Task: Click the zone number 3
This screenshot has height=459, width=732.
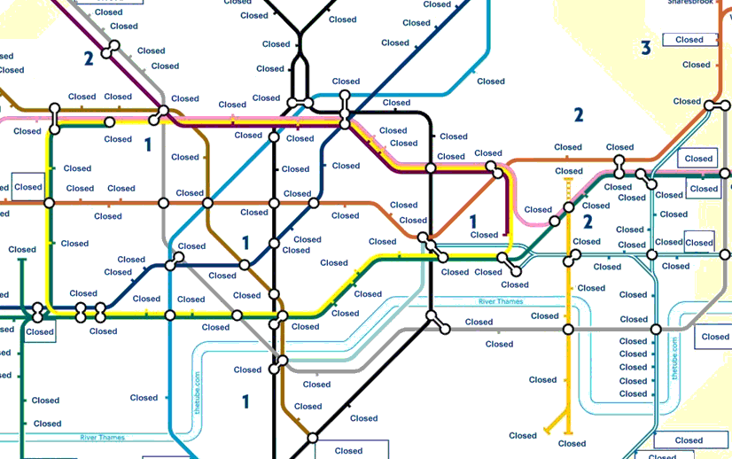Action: (x=646, y=48)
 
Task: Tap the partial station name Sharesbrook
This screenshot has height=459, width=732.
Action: (x=691, y=3)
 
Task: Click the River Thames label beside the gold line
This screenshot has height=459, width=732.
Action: (x=501, y=302)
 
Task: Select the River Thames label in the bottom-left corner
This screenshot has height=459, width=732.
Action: (x=102, y=438)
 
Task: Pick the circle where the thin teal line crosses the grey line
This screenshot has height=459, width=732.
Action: (x=656, y=330)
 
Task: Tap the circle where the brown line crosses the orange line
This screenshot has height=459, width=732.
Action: (x=208, y=203)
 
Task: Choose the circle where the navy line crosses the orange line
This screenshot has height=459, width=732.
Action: (x=314, y=203)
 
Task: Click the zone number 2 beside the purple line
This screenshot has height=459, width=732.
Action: (x=89, y=59)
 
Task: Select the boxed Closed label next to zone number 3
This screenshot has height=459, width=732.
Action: (x=689, y=40)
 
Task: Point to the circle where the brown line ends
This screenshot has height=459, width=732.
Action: (x=312, y=437)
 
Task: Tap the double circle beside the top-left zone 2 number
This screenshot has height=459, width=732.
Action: (x=110, y=51)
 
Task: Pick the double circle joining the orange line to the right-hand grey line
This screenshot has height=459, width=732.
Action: (x=712, y=106)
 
